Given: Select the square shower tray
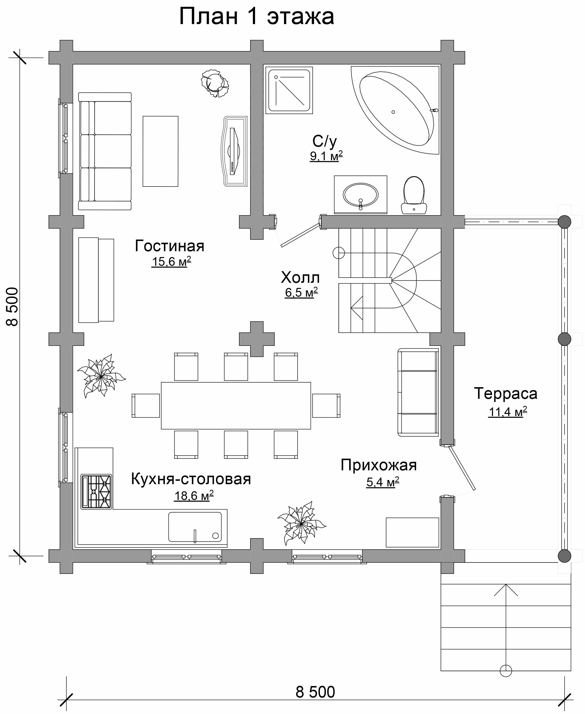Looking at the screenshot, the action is pos(289,90).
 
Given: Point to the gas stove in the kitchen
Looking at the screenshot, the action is pos(96,492).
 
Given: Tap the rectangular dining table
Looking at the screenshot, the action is pos(236,406).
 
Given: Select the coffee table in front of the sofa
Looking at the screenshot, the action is pos(160,151).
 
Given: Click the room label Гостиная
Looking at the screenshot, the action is pos(169,246).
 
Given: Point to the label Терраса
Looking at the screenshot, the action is pos(505,393).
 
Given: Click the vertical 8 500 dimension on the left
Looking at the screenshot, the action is pos(12,307).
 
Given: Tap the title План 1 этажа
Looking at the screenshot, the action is pos(257,16).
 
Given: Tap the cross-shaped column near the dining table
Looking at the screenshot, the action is pos(257,339).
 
